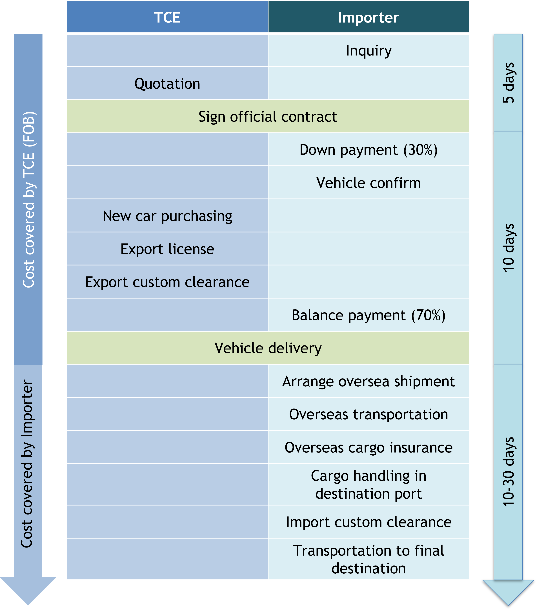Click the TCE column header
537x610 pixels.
167,17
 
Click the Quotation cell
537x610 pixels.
167,84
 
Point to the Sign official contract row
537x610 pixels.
268,116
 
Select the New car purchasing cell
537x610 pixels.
167,216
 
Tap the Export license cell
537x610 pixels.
167,249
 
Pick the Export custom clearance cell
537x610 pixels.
167,282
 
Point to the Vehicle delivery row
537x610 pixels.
268,348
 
